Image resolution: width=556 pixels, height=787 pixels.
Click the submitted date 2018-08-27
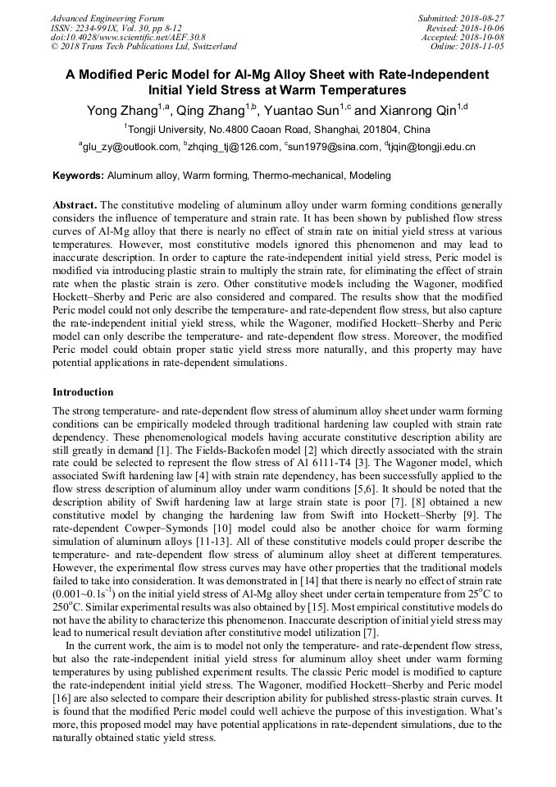480,18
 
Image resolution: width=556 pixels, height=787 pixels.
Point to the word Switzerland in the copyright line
211,47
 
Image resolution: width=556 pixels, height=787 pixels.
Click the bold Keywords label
78,176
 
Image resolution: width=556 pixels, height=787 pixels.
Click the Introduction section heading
83,392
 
